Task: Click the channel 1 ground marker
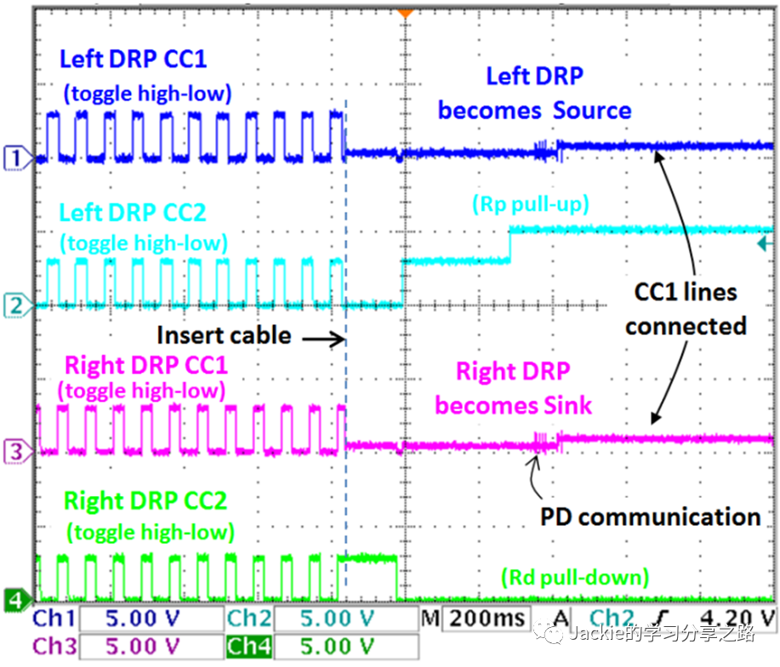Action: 15,157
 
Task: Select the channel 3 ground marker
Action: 15,452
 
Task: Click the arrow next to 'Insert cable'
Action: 323,339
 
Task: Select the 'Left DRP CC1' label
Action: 133,60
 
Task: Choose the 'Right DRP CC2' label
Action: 146,501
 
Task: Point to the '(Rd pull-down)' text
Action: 575,579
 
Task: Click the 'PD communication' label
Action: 651,516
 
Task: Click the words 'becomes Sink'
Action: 513,404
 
